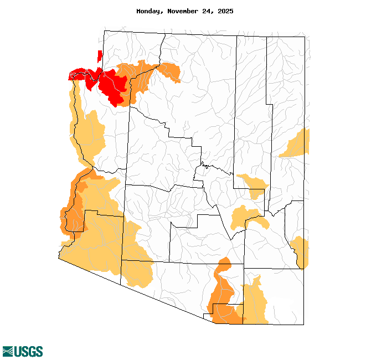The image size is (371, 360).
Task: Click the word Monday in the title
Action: [x=150, y=11]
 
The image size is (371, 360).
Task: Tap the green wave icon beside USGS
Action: [x=8, y=351]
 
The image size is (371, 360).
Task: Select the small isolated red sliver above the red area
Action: [x=100, y=56]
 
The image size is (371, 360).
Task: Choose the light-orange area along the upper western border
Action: [x=89, y=133]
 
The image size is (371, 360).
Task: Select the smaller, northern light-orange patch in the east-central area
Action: [x=254, y=186]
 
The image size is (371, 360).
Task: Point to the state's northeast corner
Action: [x=304, y=37]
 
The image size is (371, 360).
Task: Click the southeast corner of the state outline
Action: [x=303, y=324]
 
